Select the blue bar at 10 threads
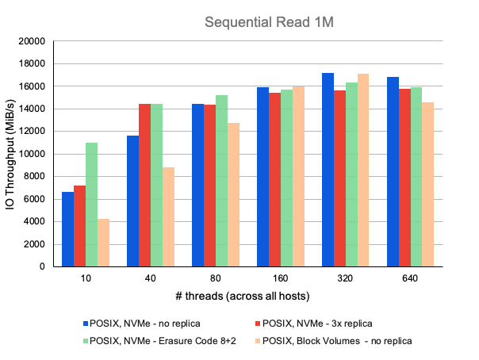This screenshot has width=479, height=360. coord(68,229)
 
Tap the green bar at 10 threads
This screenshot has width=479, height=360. coord(91,205)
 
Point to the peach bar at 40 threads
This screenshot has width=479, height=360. coord(168,216)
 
